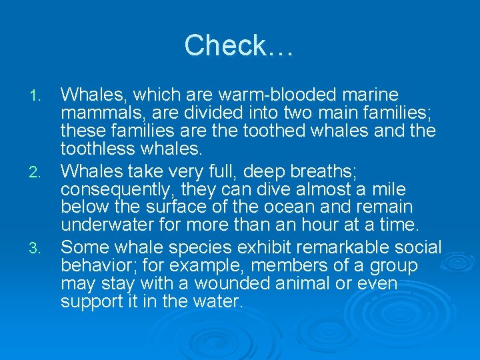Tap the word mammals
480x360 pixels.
coord(101,112)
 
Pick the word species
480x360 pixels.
coord(199,248)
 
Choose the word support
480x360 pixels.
coord(92,301)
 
